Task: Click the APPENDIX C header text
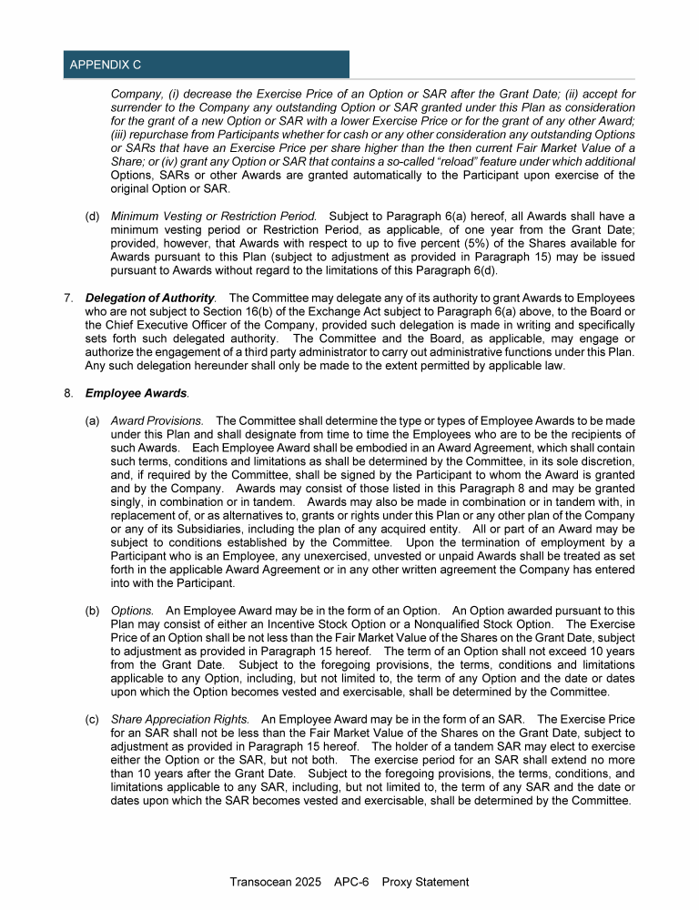coord(105,65)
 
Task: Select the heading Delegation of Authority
coord(150,298)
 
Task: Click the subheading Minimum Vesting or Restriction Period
coord(213,217)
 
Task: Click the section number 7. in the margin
coord(69,298)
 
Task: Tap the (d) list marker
coord(92,217)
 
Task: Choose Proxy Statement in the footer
coord(425,882)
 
